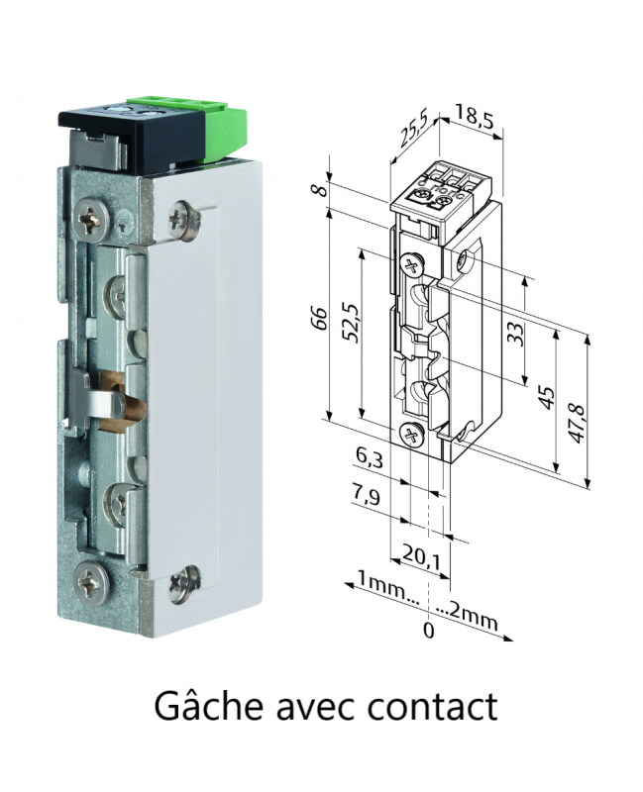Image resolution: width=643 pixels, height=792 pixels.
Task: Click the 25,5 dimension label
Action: coord(413,131)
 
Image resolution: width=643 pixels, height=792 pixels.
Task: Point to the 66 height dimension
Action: coord(320,318)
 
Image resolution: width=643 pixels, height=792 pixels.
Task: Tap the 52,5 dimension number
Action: coord(353,324)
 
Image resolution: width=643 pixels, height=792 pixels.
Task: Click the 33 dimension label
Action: coord(514,334)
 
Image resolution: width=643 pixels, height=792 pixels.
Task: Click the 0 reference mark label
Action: coord(428,631)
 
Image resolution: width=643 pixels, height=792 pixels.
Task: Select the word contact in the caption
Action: coord(433,707)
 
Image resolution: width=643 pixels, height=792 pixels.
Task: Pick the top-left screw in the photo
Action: coord(92,220)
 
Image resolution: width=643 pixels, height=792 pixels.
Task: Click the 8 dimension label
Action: coord(317,191)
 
